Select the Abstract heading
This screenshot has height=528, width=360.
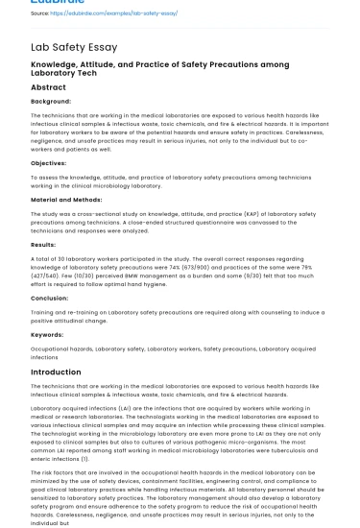pyautogui.click(x=49, y=87)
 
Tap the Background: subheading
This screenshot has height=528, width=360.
pyautogui.click(x=51, y=101)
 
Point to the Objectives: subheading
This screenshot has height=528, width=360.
pyautogui.click(x=49, y=163)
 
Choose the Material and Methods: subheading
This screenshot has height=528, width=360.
pyautogui.click(x=68, y=199)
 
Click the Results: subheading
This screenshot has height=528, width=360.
pyautogui.click(x=44, y=245)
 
